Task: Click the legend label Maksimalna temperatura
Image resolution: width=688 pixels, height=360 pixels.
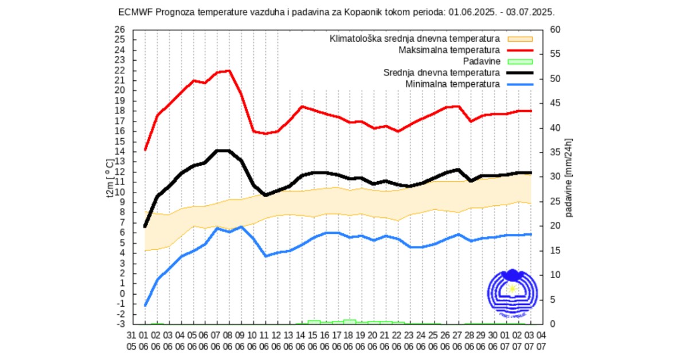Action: (x=449, y=50)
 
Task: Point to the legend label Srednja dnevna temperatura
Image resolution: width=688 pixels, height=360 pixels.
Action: (x=441, y=73)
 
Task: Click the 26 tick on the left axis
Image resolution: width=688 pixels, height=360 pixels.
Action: (x=119, y=30)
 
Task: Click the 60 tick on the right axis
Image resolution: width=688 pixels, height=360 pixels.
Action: (x=555, y=30)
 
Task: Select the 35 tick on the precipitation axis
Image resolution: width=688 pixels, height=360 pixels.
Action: (x=555, y=152)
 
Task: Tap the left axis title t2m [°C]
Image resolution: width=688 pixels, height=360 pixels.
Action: (x=109, y=177)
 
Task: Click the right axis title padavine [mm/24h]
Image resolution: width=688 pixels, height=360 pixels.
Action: (x=569, y=178)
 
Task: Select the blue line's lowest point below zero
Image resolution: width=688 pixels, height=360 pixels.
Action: (x=145, y=306)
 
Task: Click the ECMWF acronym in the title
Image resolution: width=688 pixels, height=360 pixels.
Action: (x=132, y=11)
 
